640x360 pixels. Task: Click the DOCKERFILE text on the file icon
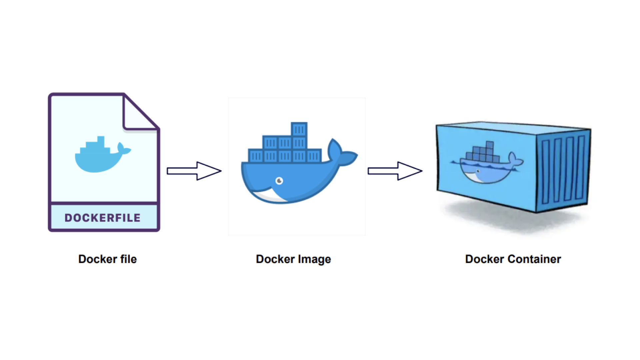click(x=102, y=218)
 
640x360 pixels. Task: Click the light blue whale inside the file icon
click(x=98, y=158)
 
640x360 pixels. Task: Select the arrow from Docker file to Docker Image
click(x=194, y=171)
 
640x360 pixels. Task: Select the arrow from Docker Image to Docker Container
click(x=395, y=171)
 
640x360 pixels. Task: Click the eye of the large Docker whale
click(x=279, y=181)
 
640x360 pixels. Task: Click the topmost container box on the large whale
click(x=299, y=129)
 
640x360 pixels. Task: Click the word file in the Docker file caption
click(x=128, y=259)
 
